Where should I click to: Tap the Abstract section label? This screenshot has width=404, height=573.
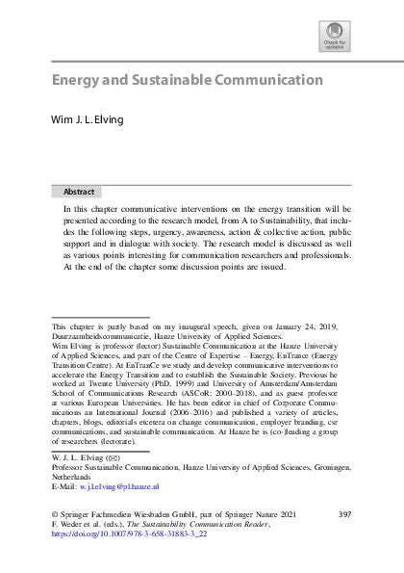tap(79, 192)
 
